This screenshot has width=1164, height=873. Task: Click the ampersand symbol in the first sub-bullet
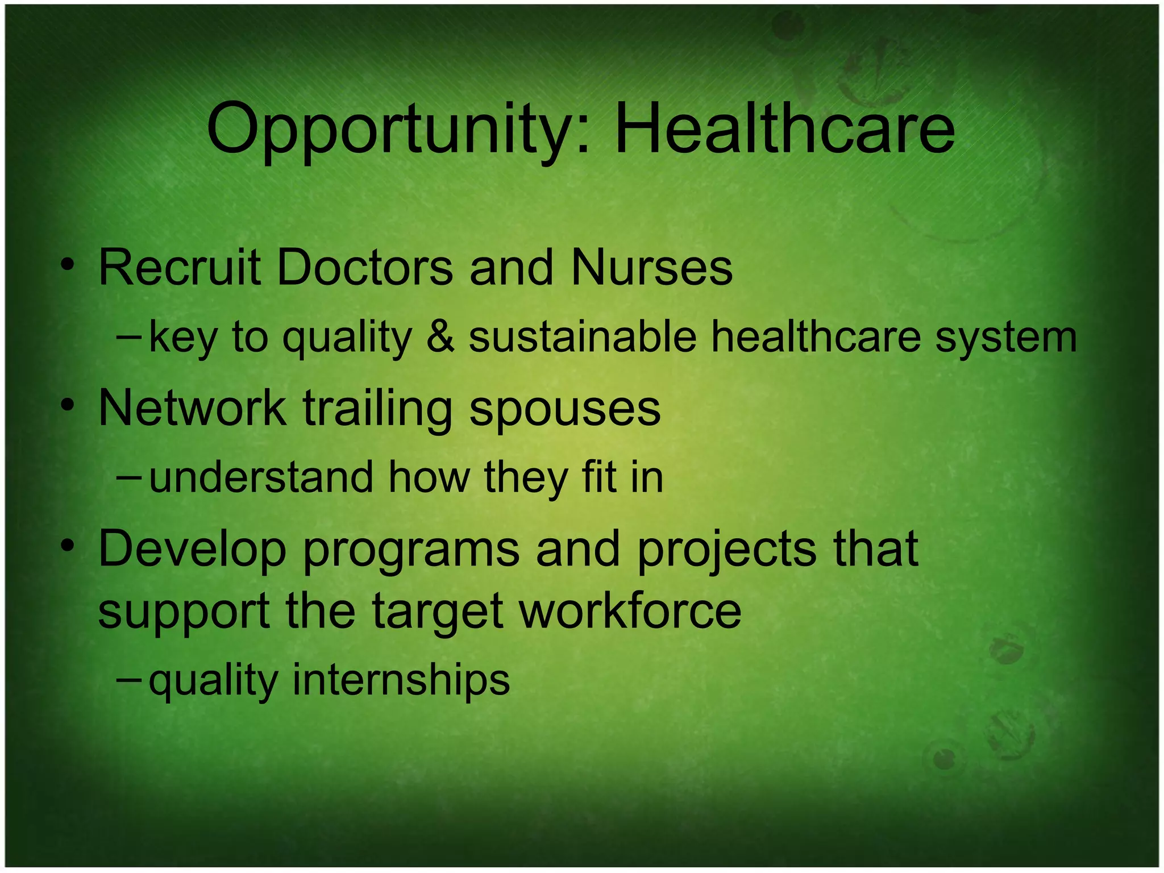click(x=440, y=336)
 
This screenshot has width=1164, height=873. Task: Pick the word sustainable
click(x=582, y=336)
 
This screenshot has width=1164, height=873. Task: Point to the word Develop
click(x=192, y=550)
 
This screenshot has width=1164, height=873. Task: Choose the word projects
click(x=726, y=550)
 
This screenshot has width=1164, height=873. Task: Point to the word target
click(x=437, y=613)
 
